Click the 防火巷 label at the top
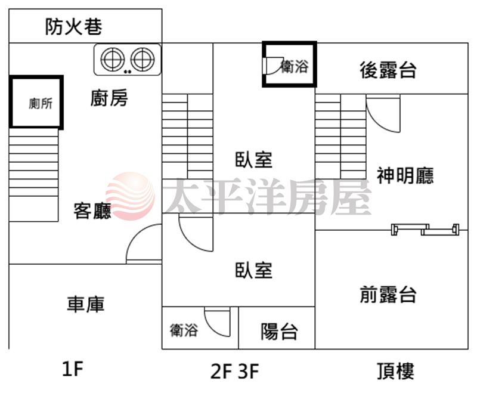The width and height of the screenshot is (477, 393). click(73, 26)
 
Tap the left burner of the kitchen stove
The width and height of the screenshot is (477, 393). click(113, 59)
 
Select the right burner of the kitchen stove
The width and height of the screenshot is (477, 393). click(143, 59)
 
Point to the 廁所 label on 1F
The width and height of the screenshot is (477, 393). click(41, 103)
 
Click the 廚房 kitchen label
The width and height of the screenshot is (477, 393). click(109, 98)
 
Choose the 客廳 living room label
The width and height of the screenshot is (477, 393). click(92, 211)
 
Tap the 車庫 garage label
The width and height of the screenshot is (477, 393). click(86, 304)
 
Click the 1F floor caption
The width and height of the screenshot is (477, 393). click(72, 368)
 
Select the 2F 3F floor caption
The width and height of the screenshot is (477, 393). click(234, 371)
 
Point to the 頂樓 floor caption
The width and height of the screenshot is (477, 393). click(395, 371)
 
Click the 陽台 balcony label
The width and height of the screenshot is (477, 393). click(279, 331)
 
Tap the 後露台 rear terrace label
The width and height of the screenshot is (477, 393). click(388, 70)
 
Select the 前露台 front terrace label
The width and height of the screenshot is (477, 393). click(388, 295)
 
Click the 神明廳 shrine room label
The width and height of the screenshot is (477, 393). click(405, 175)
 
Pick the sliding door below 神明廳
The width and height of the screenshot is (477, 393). click(425, 230)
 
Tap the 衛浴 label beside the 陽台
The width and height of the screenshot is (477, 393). click(184, 330)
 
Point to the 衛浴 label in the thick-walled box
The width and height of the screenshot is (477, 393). click(294, 66)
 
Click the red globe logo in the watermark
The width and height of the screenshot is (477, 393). click(130, 196)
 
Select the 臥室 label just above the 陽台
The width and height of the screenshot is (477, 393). click(253, 270)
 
